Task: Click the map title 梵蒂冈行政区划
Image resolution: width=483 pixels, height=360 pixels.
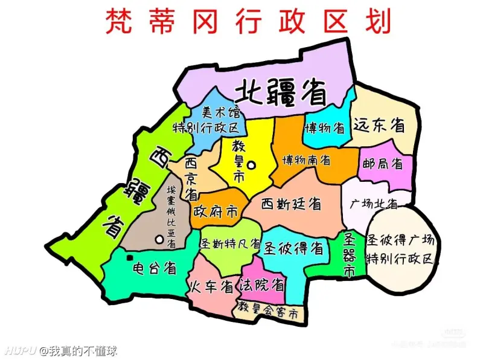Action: pyautogui.click(x=248, y=21)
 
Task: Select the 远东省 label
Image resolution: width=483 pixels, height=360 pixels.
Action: pyautogui.click(x=379, y=125)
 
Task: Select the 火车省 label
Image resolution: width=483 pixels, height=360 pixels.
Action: pyautogui.click(x=211, y=285)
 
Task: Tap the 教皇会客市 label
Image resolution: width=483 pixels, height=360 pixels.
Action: pyautogui.click(x=267, y=313)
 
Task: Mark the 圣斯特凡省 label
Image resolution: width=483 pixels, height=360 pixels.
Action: pyautogui.click(x=231, y=245)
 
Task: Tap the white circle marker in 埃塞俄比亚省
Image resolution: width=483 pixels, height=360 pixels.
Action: pyautogui.click(x=159, y=239)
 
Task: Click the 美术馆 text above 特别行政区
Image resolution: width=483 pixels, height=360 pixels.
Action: pyautogui.click(x=220, y=112)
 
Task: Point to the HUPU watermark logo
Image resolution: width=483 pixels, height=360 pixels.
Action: pyautogui.click(x=18, y=350)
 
